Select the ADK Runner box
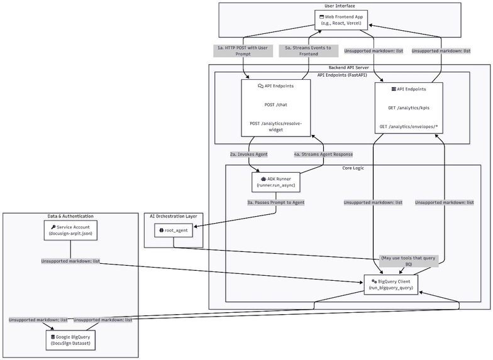click(275, 182)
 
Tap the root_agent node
click(179, 231)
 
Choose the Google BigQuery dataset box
click(70, 341)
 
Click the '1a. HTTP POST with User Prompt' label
click(234, 51)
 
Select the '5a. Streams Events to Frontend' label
click(308, 51)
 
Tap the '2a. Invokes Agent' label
click(248, 154)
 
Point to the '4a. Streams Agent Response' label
click(323, 154)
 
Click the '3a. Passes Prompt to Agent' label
click(275, 202)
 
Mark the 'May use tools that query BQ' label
click(408, 261)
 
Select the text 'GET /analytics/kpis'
click(408, 107)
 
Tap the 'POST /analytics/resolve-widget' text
click(275, 126)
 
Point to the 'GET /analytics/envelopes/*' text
click(408, 126)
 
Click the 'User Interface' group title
click(339, 6)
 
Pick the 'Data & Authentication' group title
click(70, 216)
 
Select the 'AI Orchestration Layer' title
click(174, 216)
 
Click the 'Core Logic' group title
click(353, 168)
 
